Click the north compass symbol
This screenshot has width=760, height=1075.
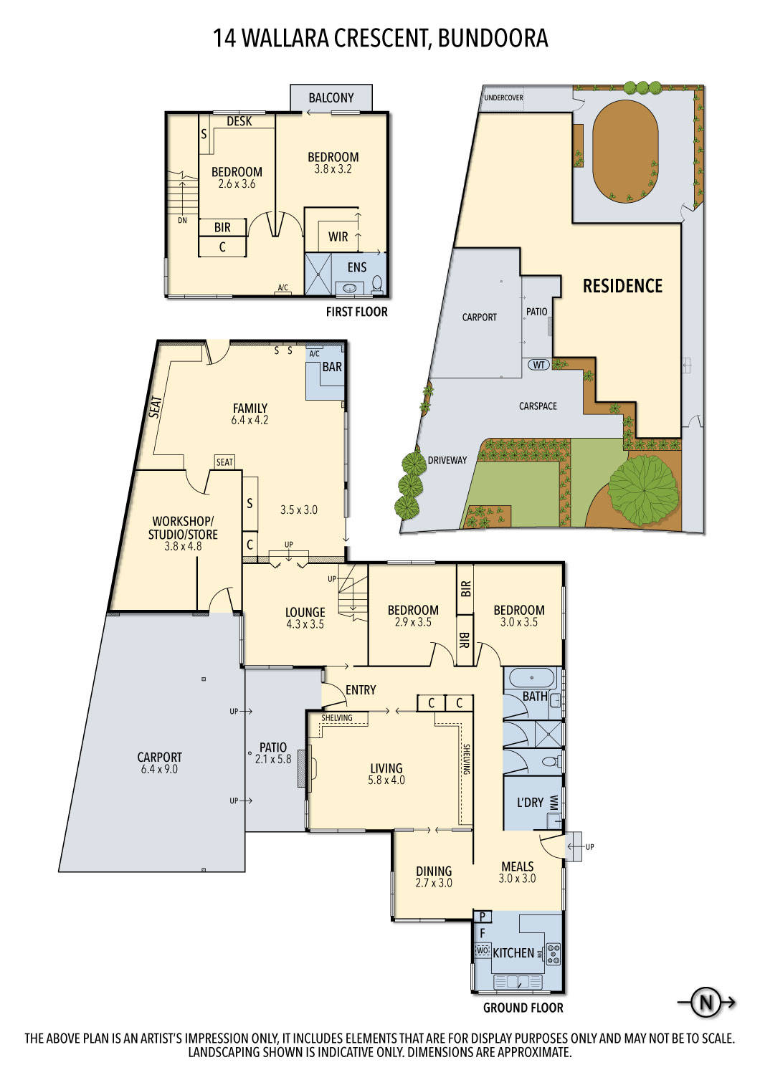706,1002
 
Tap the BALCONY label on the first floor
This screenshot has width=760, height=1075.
331,97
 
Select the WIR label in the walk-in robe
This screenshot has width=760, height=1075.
338,236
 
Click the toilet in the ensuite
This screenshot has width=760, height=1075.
377,284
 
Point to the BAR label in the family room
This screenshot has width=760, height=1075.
332,367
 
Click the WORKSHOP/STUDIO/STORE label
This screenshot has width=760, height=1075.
183,528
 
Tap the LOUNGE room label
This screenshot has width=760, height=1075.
305,612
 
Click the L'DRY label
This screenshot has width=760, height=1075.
530,802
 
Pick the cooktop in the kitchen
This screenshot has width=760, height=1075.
554,953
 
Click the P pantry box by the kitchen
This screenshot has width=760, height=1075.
483,917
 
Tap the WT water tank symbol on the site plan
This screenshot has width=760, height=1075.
539,365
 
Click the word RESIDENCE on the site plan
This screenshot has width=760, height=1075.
622,286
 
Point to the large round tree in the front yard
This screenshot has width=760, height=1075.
643,489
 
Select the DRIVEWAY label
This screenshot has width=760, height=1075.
447,460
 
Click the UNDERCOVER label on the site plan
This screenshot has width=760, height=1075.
503,97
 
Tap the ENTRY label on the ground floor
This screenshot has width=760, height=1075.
360,689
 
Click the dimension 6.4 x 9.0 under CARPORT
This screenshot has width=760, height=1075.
159,769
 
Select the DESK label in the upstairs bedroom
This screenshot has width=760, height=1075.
239,121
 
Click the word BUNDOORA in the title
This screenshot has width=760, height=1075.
493,37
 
